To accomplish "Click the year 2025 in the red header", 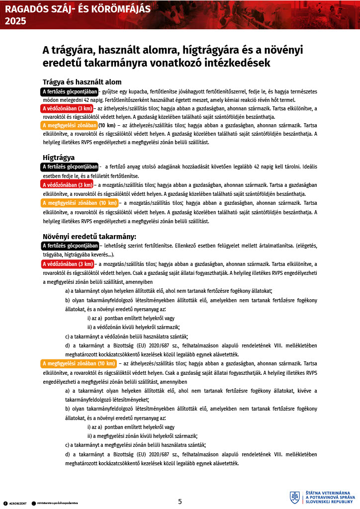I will coord(14,21).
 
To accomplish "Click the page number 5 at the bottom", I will coord(180,502).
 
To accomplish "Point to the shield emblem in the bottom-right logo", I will coord(294,497).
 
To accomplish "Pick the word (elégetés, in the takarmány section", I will coord(304,246).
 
